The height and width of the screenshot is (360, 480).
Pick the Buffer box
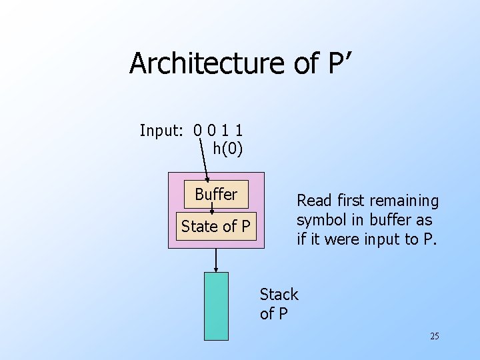(216, 195)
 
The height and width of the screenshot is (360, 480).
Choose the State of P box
(216, 227)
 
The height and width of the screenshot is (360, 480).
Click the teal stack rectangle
(215, 307)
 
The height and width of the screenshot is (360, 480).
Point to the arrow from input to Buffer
(204, 159)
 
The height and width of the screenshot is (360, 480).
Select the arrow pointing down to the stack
(215, 260)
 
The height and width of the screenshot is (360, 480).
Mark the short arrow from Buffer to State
(212, 209)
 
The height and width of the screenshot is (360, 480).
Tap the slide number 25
(434, 336)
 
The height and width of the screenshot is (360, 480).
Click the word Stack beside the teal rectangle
(279, 294)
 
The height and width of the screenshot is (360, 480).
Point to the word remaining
(405, 201)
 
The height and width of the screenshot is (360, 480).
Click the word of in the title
(307, 63)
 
